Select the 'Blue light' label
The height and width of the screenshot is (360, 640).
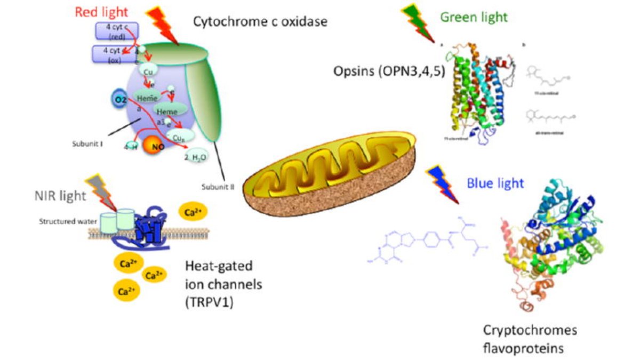495,183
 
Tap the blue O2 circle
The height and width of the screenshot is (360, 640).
119,100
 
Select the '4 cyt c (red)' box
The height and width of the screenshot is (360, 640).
116,32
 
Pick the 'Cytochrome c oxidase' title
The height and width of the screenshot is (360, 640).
260,22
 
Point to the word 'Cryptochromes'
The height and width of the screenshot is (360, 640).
530,331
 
